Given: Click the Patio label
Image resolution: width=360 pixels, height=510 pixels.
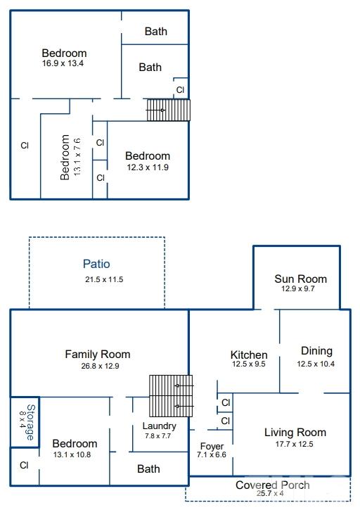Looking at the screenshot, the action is point(96,264).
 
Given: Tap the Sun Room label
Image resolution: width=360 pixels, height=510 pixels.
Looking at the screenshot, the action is point(300,279).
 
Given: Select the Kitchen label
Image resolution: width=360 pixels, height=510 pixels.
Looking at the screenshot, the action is point(249,355).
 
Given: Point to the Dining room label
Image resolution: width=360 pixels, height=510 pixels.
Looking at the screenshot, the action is point(316,351).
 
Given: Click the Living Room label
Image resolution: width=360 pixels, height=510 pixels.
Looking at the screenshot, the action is point(295,432).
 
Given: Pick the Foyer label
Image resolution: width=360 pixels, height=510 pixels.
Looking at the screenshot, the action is point(212,446).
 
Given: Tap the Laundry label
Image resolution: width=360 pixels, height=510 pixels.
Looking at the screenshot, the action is point(159,426).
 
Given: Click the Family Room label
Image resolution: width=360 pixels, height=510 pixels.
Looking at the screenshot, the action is point(98,355).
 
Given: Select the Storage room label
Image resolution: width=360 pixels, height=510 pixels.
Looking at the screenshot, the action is point(30,422).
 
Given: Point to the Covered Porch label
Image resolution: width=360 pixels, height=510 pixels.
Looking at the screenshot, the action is point(273,485).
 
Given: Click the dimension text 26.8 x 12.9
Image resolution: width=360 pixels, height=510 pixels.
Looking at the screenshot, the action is point(100,366).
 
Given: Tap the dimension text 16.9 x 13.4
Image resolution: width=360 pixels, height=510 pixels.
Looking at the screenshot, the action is point(63,63).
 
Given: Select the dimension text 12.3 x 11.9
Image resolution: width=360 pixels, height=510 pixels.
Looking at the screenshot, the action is point(148,167).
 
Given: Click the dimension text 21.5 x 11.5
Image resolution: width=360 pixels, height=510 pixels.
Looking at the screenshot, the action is point(104,279).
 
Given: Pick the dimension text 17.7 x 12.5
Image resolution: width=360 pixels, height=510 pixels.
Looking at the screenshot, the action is point(295,444).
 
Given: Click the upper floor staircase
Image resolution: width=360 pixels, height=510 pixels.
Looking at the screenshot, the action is point(169,110).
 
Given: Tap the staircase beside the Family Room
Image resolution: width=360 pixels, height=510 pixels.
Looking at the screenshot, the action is point(171,396).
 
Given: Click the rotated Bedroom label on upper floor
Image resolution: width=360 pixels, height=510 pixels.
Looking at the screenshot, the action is point(65,157).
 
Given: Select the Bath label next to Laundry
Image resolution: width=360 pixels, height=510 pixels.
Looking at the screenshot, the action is point(148,468).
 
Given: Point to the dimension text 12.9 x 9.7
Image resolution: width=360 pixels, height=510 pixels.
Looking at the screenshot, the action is point(298,289).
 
